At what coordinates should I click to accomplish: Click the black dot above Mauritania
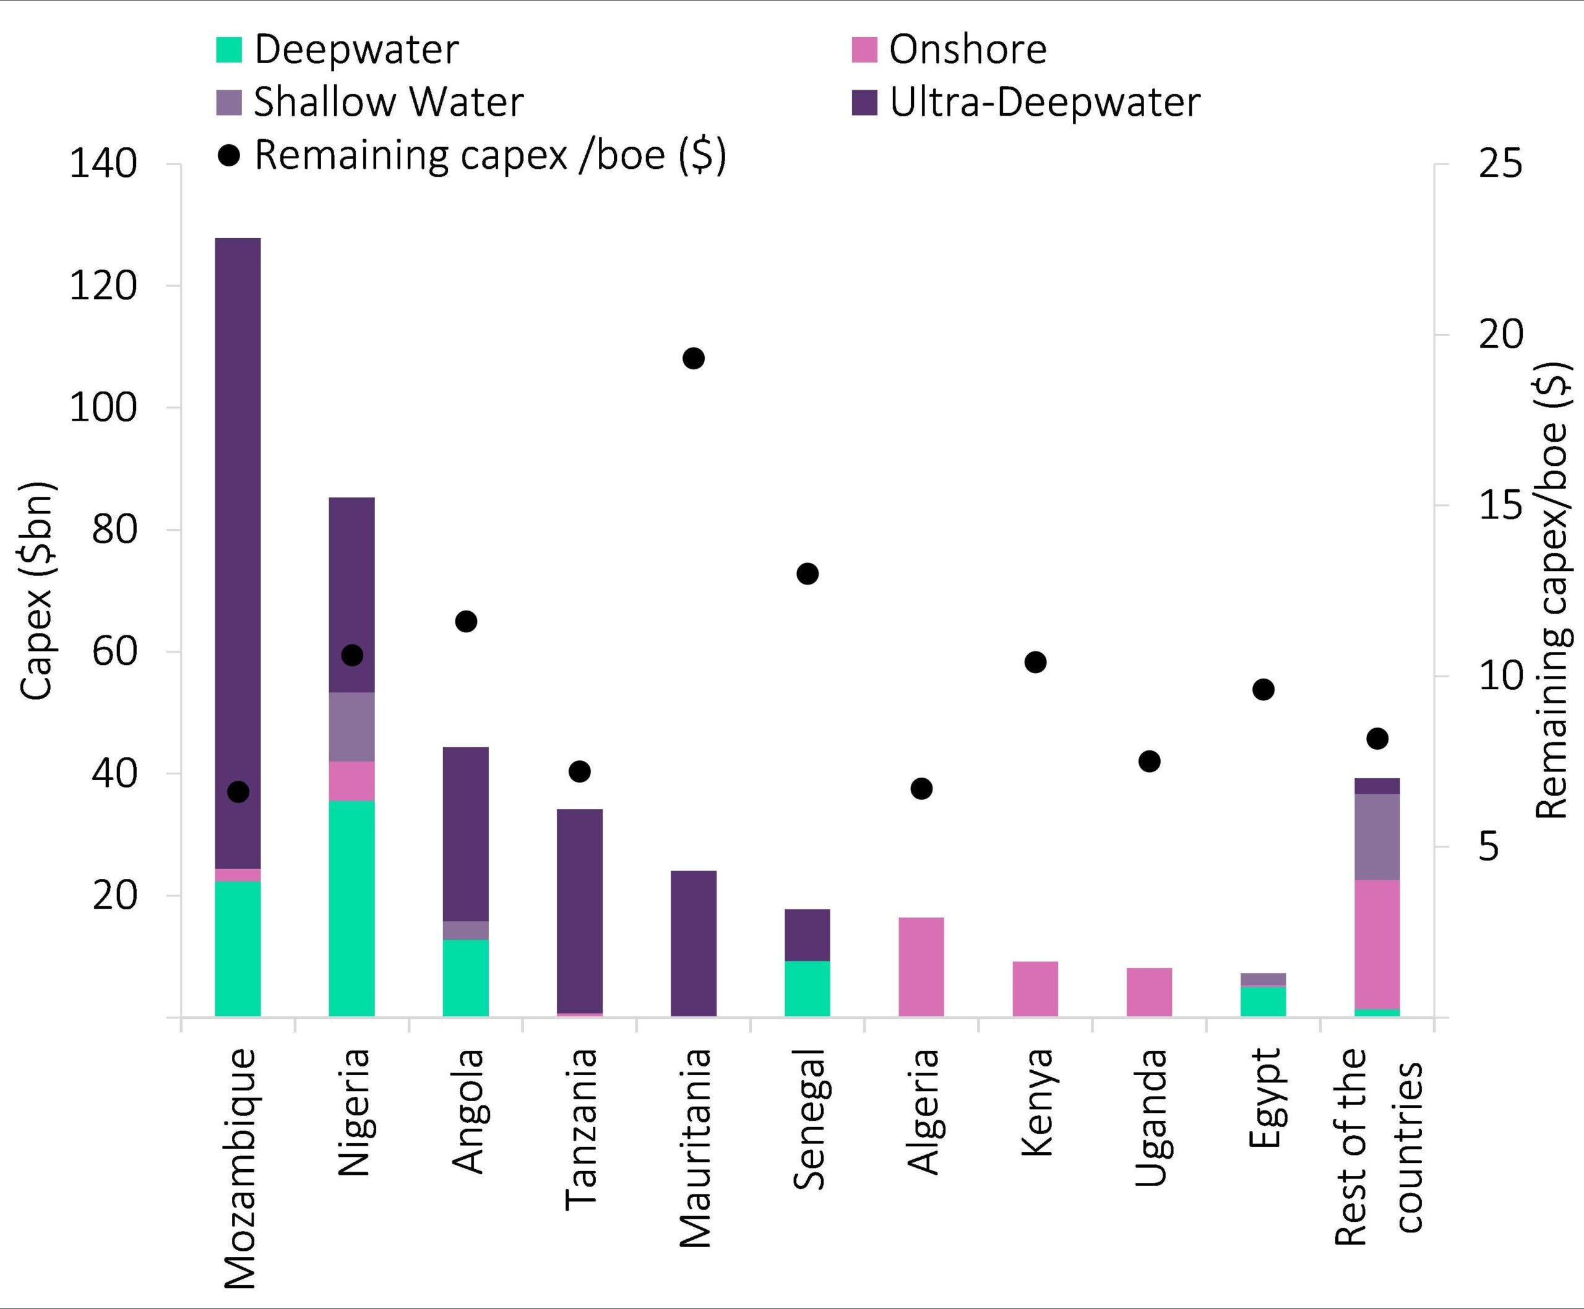(x=693, y=358)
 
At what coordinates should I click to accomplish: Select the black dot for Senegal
(x=807, y=574)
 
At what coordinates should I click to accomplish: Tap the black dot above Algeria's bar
(x=921, y=789)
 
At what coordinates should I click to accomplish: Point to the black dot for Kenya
(x=1035, y=662)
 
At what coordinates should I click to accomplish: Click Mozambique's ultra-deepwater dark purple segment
(x=238, y=551)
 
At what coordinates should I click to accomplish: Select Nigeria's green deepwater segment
(x=351, y=909)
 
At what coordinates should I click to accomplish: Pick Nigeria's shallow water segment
(x=351, y=727)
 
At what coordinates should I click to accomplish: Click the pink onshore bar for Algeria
(x=921, y=967)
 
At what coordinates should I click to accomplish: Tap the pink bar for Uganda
(x=1149, y=992)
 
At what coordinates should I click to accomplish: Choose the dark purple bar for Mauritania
(x=693, y=943)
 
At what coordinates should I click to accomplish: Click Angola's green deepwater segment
(x=465, y=978)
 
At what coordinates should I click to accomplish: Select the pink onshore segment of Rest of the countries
(x=1377, y=944)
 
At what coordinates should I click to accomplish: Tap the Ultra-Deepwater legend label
(x=1044, y=103)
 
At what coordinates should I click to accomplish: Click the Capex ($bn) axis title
(x=37, y=590)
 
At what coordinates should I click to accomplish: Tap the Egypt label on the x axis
(x=1264, y=1097)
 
